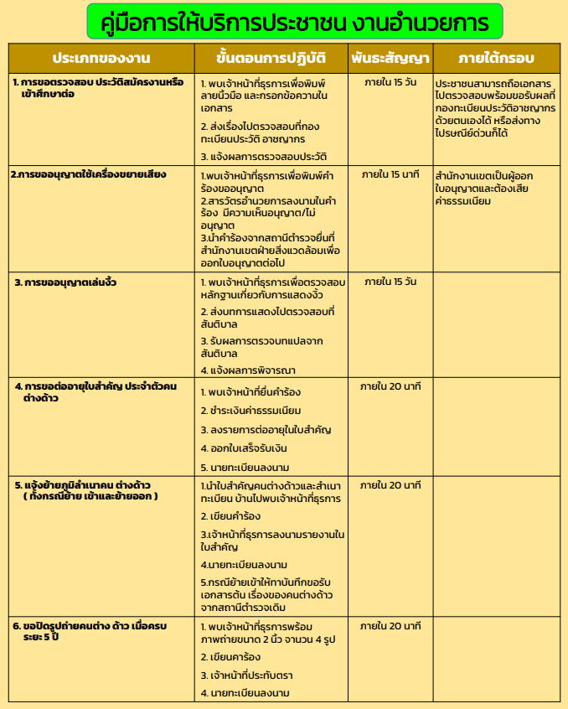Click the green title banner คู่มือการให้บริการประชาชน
tap(294, 21)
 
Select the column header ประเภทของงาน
tap(101, 58)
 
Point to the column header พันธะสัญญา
tap(390, 58)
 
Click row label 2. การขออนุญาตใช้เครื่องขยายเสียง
tap(89, 175)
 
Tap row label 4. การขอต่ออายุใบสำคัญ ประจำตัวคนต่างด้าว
tap(96, 391)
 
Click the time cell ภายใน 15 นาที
tap(390, 175)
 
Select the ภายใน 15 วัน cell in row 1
tap(390, 82)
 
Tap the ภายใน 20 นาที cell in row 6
tap(390, 625)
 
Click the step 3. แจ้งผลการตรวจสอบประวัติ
tap(264, 157)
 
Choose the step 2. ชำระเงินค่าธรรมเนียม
tap(251, 411)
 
